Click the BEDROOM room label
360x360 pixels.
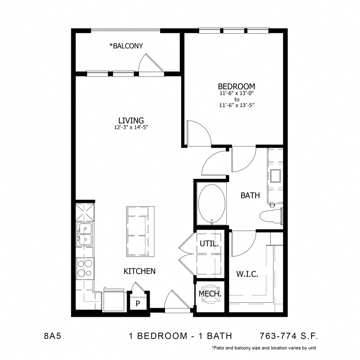click(236, 86)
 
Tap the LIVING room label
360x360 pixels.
click(131, 120)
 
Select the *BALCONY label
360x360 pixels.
click(126, 46)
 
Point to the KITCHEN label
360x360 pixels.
click(139, 271)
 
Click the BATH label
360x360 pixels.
click(250, 196)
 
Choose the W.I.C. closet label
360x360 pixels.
click(247, 274)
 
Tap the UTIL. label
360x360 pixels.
click(209, 243)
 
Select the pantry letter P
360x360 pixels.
click(138, 303)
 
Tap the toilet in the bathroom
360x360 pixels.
click(270, 216)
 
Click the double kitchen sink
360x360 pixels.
click(85, 234)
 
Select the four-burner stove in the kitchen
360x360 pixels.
click(84, 268)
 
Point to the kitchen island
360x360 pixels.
click(140, 232)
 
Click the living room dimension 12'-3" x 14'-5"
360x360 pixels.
click(131, 128)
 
